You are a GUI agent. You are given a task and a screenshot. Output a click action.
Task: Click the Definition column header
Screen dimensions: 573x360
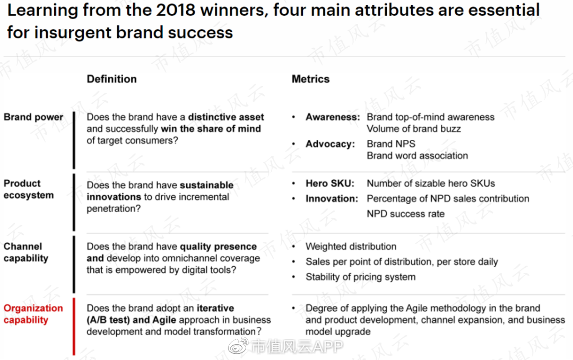click(x=111, y=79)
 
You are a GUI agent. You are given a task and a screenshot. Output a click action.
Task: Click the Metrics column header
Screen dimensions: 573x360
click(x=310, y=79)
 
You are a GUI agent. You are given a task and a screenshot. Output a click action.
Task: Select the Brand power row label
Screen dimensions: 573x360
click(x=33, y=117)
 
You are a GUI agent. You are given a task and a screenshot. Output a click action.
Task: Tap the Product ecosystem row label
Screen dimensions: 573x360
click(x=29, y=189)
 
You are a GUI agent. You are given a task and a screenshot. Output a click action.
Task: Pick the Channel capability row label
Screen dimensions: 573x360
click(x=26, y=252)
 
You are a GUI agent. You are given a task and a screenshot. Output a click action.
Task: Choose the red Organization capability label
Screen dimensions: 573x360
click(x=33, y=314)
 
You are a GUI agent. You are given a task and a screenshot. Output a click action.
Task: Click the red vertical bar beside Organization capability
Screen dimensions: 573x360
click(x=74, y=327)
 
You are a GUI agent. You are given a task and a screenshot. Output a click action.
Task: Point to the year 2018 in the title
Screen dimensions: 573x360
click(x=176, y=10)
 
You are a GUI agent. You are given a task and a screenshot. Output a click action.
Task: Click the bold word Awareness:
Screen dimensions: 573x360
click(x=333, y=117)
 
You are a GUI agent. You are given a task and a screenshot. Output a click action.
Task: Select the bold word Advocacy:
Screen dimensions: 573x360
click(x=330, y=144)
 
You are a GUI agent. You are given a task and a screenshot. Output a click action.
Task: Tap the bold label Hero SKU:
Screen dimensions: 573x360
click(x=330, y=183)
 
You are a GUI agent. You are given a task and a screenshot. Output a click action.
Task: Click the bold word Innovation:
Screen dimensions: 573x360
click(x=332, y=199)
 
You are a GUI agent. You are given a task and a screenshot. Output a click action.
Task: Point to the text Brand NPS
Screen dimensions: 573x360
click(x=391, y=144)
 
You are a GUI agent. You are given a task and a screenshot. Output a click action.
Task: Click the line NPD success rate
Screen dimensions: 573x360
click(x=406, y=214)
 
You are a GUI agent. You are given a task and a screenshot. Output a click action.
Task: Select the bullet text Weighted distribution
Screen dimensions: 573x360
click(x=351, y=247)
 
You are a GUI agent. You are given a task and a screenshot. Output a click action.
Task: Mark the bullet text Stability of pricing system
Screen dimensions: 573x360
click(x=361, y=277)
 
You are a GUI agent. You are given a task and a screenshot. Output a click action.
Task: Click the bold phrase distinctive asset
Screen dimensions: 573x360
click(x=226, y=117)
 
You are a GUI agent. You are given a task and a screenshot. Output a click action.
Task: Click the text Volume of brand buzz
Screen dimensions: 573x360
click(x=414, y=128)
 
